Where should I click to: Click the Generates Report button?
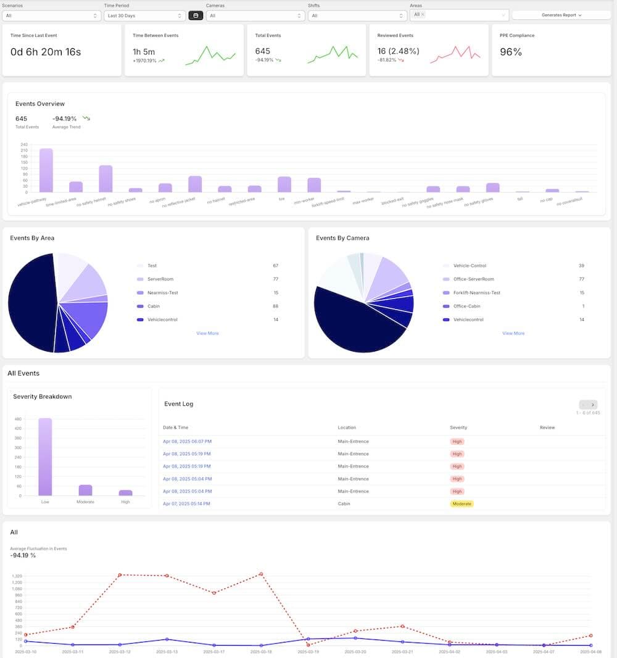(561, 15)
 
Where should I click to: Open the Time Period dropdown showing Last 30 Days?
(144, 15)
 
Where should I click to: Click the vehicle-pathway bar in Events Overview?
(46, 170)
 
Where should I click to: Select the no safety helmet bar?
(106, 179)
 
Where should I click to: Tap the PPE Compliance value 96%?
(511, 53)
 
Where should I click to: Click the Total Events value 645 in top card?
(263, 51)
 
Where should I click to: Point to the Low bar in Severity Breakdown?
(45, 457)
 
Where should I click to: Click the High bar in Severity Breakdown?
(125, 492)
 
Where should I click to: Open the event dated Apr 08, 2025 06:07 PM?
(187, 441)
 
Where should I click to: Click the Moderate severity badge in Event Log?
(462, 504)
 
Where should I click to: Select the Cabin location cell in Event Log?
(344, 504)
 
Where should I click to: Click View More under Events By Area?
(207, 333)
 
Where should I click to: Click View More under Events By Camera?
(513, 333)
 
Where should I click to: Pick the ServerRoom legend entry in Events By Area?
(160, 279)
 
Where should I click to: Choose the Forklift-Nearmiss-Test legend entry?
(476, 293)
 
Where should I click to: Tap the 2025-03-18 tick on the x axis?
(261, 652)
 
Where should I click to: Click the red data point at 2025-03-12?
(120, 575)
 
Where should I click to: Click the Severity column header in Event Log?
(458, 428)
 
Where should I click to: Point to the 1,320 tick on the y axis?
(17, 576)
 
